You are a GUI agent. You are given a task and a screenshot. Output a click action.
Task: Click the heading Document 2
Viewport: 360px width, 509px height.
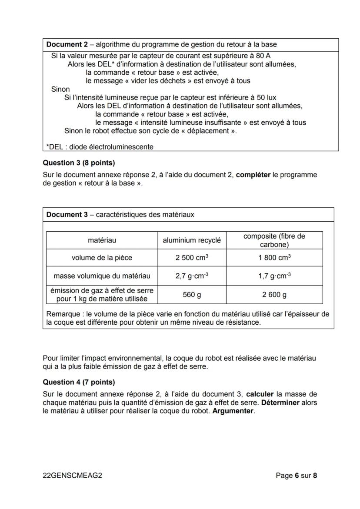pos(69,44)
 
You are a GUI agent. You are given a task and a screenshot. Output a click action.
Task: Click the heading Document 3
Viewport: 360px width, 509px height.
pos(69,214)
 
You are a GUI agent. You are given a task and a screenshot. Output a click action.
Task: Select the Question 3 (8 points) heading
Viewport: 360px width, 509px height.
pos(79,163)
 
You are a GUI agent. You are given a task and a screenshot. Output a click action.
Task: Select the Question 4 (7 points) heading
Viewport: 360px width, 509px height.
pos(79,382)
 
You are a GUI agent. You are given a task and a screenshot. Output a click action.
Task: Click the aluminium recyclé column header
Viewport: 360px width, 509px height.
pos(192,240)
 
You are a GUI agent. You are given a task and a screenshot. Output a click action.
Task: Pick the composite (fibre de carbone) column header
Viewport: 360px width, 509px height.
pos(274,240)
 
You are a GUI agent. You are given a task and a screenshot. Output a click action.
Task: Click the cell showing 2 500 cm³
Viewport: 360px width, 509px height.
pos(192,257)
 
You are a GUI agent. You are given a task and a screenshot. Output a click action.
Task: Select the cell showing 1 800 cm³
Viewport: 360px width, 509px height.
pos(274,257)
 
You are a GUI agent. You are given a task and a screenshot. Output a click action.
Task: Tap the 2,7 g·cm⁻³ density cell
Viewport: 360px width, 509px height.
pos(192,276)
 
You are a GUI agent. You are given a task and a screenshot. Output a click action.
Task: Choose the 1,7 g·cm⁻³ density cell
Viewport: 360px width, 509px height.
pos(274,276)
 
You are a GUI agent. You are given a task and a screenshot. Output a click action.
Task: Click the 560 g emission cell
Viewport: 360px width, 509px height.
pos(192,295)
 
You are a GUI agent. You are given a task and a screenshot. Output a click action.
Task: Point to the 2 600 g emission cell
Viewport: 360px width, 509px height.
pos(274,295)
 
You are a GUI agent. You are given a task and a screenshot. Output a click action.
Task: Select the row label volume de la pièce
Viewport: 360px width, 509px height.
pos(102,257)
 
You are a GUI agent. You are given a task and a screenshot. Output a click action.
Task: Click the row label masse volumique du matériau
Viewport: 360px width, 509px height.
pos(102,276)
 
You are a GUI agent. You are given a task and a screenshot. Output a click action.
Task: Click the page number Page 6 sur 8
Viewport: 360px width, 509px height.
pos(296,476)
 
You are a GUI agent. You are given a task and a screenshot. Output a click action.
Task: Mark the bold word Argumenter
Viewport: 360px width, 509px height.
pos(233,411)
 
